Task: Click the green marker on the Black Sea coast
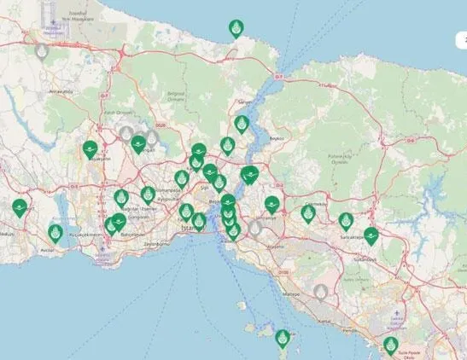tap(236, 29)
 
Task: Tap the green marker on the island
tap(283, 337)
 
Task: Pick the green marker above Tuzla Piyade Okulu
tap(391, 345)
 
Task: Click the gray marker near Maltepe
tap(321, 293)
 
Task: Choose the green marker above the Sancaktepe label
tap(346, 221)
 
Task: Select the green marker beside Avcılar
tap(55, 233)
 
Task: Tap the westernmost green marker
tap(19, 207)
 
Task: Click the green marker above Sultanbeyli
tap(371, 235)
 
